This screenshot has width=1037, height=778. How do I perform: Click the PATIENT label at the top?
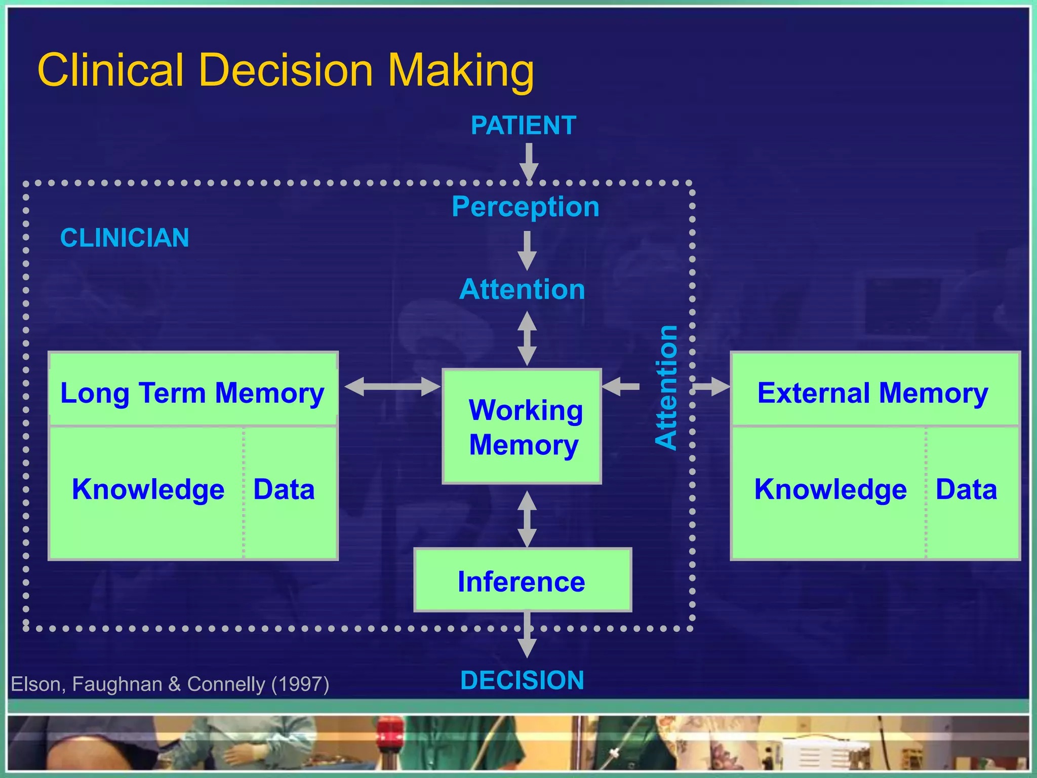click(524, 126)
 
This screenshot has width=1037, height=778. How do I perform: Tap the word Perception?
click(526, 207)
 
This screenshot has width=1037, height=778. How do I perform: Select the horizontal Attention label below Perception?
click(522, 289)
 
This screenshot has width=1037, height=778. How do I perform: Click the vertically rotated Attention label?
click(666, 387)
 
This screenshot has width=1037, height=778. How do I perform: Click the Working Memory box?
click(522, 426)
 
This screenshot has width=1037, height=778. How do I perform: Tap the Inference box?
click(522, 580)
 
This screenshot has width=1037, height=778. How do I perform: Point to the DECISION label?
click(522, 680)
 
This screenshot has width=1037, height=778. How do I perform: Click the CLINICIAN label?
click(125, 238)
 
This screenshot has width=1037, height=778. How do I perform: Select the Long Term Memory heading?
click(192, 393)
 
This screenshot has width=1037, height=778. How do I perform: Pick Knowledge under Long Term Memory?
click(148, 489)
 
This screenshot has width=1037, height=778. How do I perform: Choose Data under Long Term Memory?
click(284, 489)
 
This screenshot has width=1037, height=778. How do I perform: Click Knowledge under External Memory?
click(830, 489)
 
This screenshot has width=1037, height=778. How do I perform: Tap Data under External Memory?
click(966, 489)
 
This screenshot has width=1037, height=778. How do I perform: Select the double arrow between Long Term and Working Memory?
click(392, 387)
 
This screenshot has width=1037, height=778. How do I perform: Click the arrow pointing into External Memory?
click(711, 387)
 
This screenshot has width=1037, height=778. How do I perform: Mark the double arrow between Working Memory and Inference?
click(527, 519)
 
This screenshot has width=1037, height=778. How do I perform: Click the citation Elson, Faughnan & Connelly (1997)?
click(170, 684)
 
